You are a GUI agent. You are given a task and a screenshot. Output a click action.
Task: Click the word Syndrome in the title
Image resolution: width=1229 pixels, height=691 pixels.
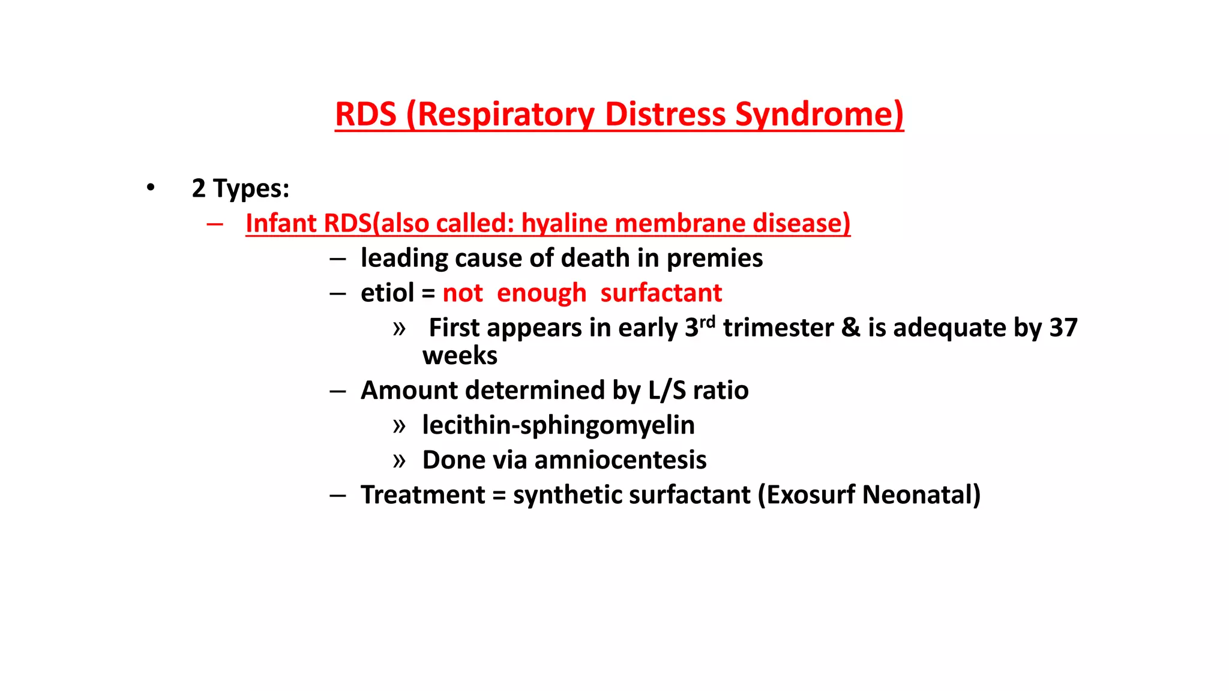click(x=819, y=114)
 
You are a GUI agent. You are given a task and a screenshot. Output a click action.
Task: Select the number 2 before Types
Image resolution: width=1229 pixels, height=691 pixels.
click(x=199, y=188)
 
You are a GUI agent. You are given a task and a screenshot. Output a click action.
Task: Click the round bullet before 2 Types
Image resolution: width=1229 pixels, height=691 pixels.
click(x=150, y=188)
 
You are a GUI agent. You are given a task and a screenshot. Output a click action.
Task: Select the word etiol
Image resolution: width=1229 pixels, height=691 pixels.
click(x=387, y=293)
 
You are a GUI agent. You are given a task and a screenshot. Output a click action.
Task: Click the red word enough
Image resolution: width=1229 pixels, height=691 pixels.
click(x=541, y=293)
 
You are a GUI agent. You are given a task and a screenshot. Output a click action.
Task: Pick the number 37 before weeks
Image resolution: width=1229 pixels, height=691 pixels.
click(x=1063, y=328)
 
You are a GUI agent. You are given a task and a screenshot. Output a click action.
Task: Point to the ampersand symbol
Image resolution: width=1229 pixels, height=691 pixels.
click(x=851, y=328)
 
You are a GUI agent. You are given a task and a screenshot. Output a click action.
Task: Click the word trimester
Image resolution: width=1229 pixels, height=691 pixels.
click(x=778, y=328)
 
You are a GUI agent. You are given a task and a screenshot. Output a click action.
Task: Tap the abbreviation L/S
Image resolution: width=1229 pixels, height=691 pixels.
click(x=667, y=390)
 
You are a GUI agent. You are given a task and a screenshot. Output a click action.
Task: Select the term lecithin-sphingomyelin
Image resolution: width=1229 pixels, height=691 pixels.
click(x=558, y=425)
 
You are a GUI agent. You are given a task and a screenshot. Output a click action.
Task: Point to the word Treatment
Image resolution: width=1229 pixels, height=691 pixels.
click(x=422, y=495)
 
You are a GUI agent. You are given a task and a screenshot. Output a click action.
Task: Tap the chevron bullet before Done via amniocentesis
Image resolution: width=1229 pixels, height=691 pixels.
click(x=399, y=461)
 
